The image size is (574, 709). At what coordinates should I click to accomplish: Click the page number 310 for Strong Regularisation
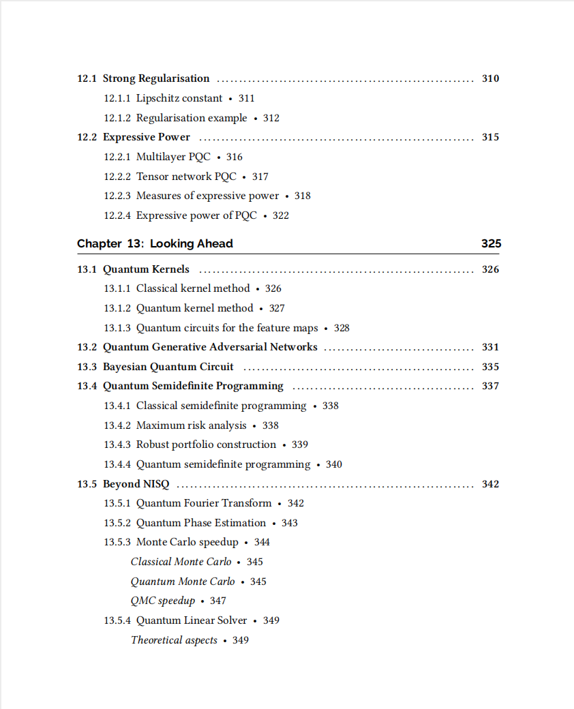(490, 78)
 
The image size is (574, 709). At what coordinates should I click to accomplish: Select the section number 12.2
(87, 137)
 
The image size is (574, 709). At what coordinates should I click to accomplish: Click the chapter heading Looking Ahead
(192, 243)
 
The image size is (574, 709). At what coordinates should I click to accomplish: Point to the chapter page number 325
(491, 243)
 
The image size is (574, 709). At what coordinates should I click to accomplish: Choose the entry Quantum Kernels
(146, 269)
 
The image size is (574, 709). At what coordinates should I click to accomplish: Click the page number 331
(490, 347)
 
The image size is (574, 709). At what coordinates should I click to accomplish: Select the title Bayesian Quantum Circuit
(168, 367)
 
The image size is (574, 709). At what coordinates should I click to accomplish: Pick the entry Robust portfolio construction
(206, 444)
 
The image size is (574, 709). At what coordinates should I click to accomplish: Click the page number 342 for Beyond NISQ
(490, 484)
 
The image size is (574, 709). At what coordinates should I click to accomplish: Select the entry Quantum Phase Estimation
(201, 523)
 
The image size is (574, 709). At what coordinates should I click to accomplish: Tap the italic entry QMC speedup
(163, 601)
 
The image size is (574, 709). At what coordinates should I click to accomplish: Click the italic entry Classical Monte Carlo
(181, 562)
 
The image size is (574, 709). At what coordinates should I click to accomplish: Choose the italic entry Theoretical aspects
(174, 640)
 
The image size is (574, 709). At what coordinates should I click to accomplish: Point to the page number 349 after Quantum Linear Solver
(271, 620)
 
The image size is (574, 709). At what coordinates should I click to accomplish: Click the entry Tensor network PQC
(186, 177)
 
